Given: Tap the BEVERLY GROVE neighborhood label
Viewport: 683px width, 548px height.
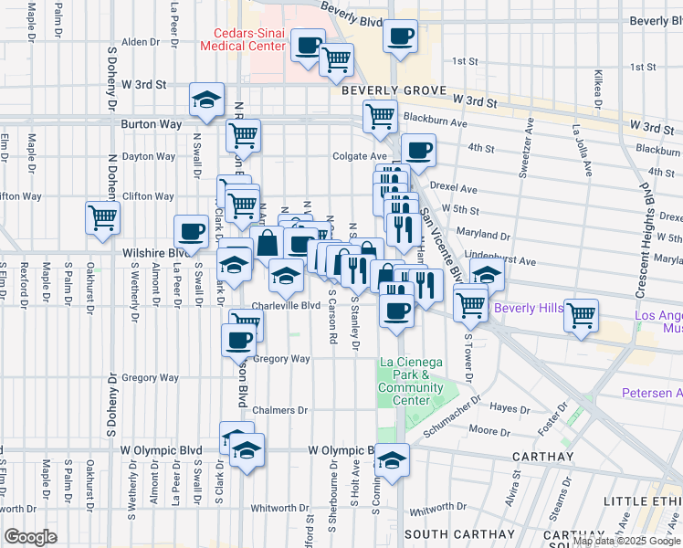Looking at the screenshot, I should pos(393,91).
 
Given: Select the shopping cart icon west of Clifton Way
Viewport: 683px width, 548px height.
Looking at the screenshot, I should pos(102,217).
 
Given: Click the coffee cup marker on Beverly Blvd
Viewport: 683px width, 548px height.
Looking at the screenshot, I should pos(400,37).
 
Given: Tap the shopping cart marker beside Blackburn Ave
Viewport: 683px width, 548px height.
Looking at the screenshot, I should pos(379,116).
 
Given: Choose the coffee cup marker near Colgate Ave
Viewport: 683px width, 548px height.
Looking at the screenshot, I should pos(418,150).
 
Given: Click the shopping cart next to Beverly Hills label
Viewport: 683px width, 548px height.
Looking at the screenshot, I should pos(581,316).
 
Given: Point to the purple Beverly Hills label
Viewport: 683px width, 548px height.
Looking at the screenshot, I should pos(529,308).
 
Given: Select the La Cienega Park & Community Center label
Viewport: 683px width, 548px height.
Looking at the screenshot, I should pos(411,382).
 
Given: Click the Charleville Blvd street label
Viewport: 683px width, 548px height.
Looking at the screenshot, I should pos(286,306).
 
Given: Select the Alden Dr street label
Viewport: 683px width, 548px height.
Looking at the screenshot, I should pos(141,42).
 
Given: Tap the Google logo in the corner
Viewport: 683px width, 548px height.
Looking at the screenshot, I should pos(30,536).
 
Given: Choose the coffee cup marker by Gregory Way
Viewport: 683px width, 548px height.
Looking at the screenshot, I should pos(238,340).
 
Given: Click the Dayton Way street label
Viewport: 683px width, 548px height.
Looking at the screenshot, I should pos(148,156).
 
